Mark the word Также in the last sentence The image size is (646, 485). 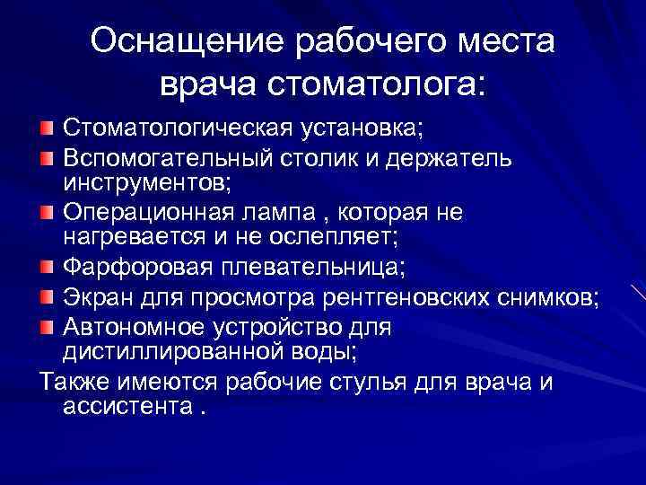(73, 382)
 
